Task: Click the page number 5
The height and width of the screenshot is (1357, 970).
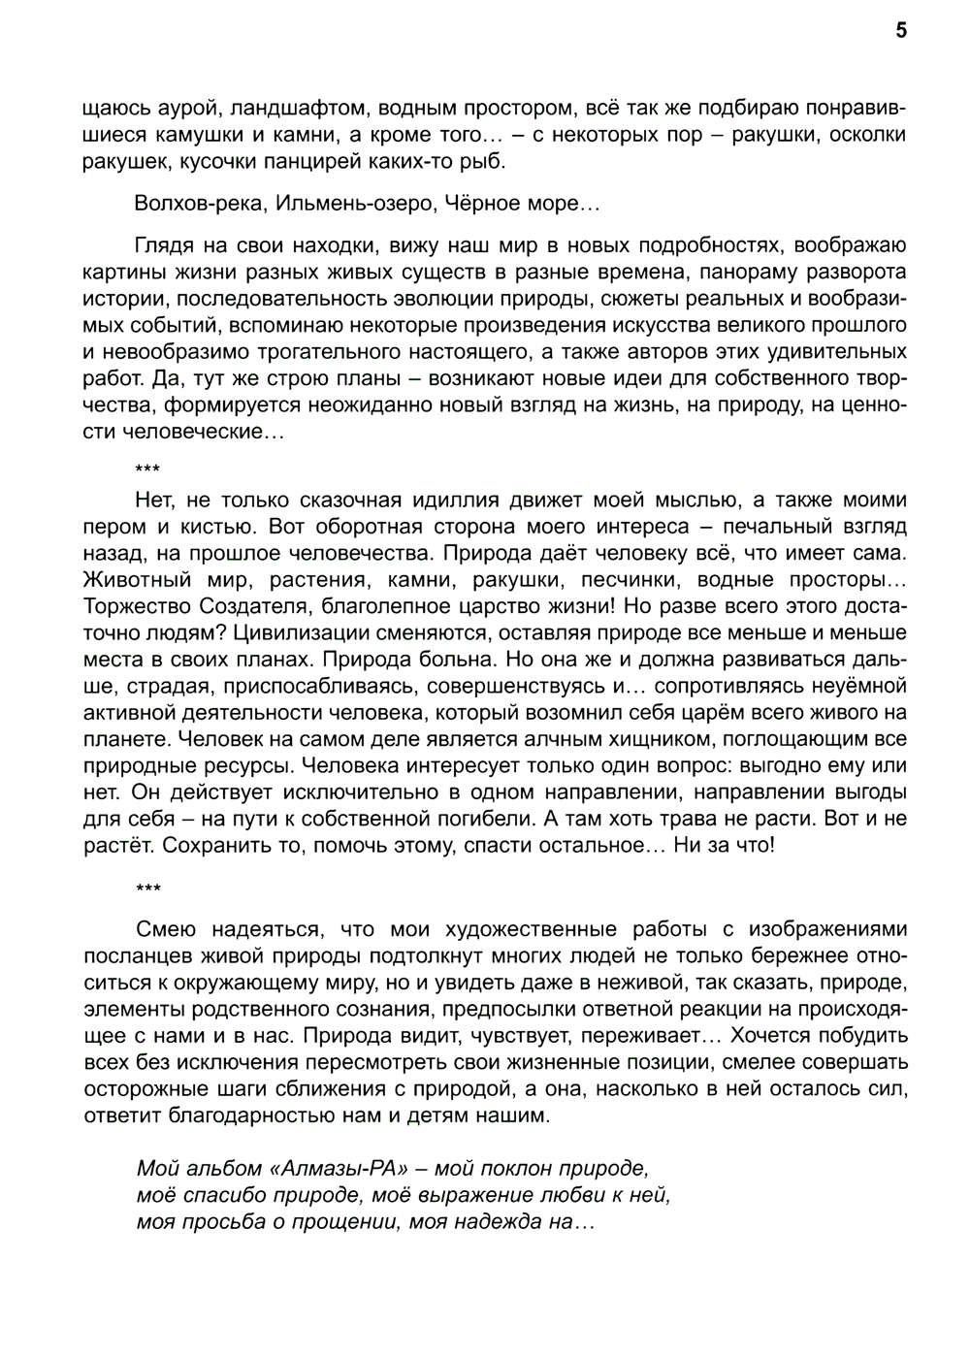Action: click(x=901, y=31)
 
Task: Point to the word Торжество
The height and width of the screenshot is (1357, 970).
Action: click(x=137, y=606)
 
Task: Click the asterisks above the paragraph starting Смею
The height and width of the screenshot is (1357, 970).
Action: click(x=148, y=889)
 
